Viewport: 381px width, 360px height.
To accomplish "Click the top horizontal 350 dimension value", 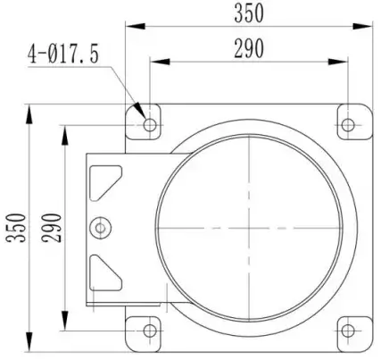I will tap(248, 13).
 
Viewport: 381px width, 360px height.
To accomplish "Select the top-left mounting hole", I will tap(149, 123).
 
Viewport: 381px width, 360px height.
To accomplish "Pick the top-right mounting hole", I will tap(349, 123).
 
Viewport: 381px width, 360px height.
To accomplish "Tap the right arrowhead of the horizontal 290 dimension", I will tap(344, 61).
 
